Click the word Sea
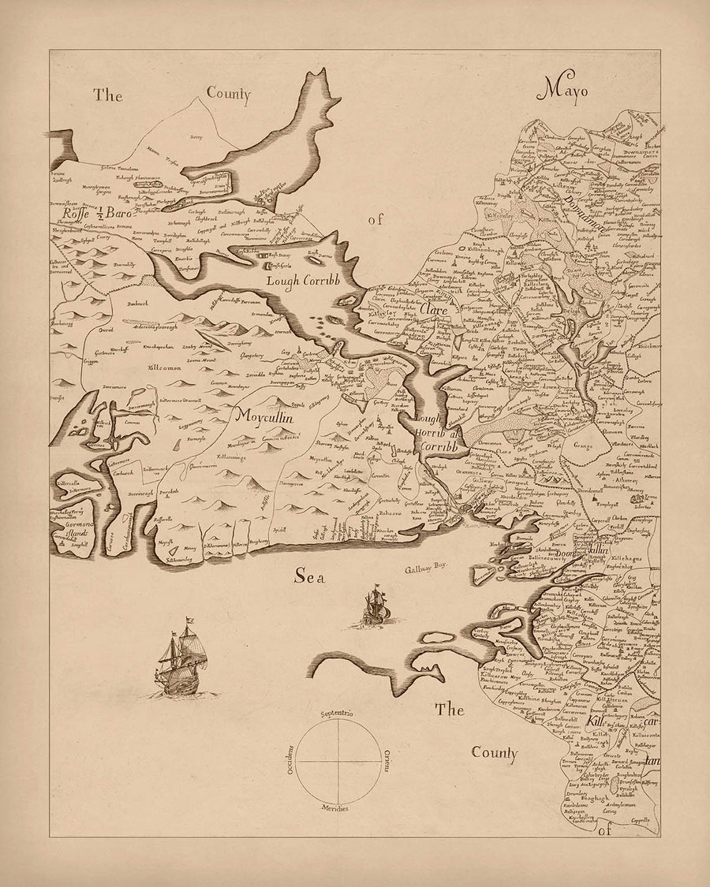310,577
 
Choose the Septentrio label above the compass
337,714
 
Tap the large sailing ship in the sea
182,658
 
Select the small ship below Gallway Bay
372,608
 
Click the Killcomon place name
164,367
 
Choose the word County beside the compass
495,753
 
